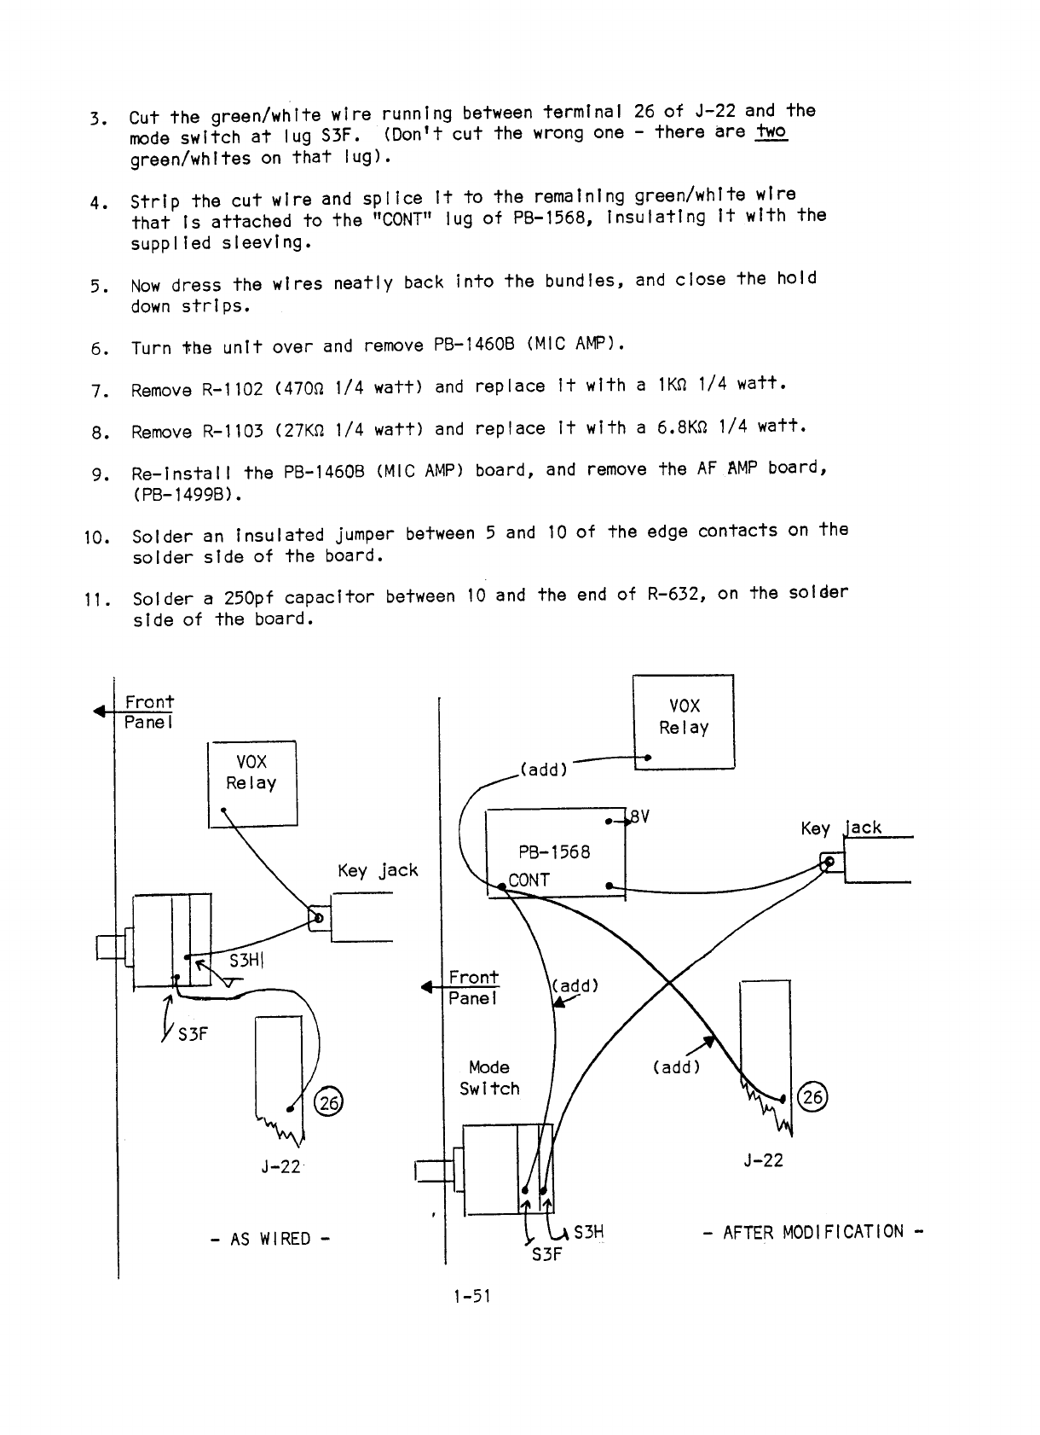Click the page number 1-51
click(x=473, y=1297)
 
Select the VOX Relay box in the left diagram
click(x=252, y=784)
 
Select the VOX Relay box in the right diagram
click(x=684, y=721)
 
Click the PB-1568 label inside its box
click(x=554, y=851)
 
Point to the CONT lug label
click(x=529, y=880)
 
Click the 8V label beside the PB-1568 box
click(x=638, y=816)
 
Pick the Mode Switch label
click(x=488, y=1078)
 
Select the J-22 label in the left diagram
click(x=281, y=1166)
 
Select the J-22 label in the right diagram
click(x=763, y=1160)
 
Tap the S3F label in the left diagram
click(x=193, y=1034)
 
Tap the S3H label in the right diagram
click(x=589, y=1232)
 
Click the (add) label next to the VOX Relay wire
click(x=543, y=770)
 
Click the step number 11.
click(x=94, y=598)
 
